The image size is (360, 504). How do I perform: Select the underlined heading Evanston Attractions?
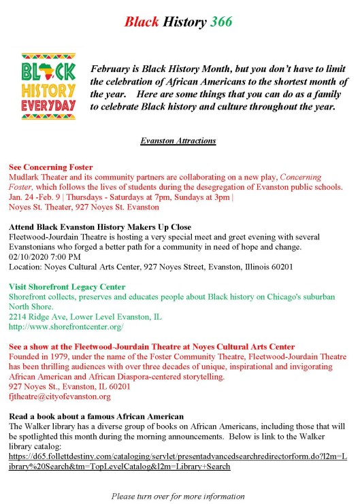tap(178, 141)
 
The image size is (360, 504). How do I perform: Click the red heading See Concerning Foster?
tap(51, 167)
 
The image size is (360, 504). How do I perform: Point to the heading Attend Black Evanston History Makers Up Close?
tap(100, 226)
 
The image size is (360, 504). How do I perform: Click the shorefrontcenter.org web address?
tap(66, 327)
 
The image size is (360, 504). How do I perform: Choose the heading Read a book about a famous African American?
tap(97, 416)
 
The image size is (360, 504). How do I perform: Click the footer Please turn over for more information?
tap(178, 497)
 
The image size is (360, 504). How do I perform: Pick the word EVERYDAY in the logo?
tap(48, 107)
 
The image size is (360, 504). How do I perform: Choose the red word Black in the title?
tap(142, 22)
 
